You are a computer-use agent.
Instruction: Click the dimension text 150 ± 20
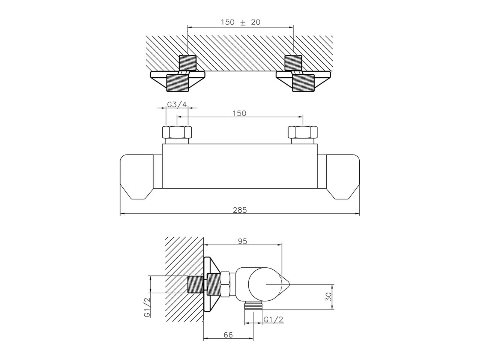click(x=240, y=22)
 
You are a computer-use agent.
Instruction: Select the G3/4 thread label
click(x=177, y=104)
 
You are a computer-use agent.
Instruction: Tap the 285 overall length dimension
click(x=240, y=210)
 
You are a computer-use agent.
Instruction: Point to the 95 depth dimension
click(x=243, y=241)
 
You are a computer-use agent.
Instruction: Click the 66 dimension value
click(x=228, y=335)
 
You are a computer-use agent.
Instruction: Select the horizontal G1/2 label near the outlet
click(x=273, y=319)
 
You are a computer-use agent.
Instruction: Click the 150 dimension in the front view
click(x=239, y=113)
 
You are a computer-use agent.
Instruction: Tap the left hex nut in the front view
click(x=177, y=133)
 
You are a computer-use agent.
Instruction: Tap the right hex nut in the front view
click(x=302, y=133)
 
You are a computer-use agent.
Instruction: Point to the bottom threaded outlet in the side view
click(x=253, y=306)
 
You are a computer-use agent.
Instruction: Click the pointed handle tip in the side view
click(x=285, y=284)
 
